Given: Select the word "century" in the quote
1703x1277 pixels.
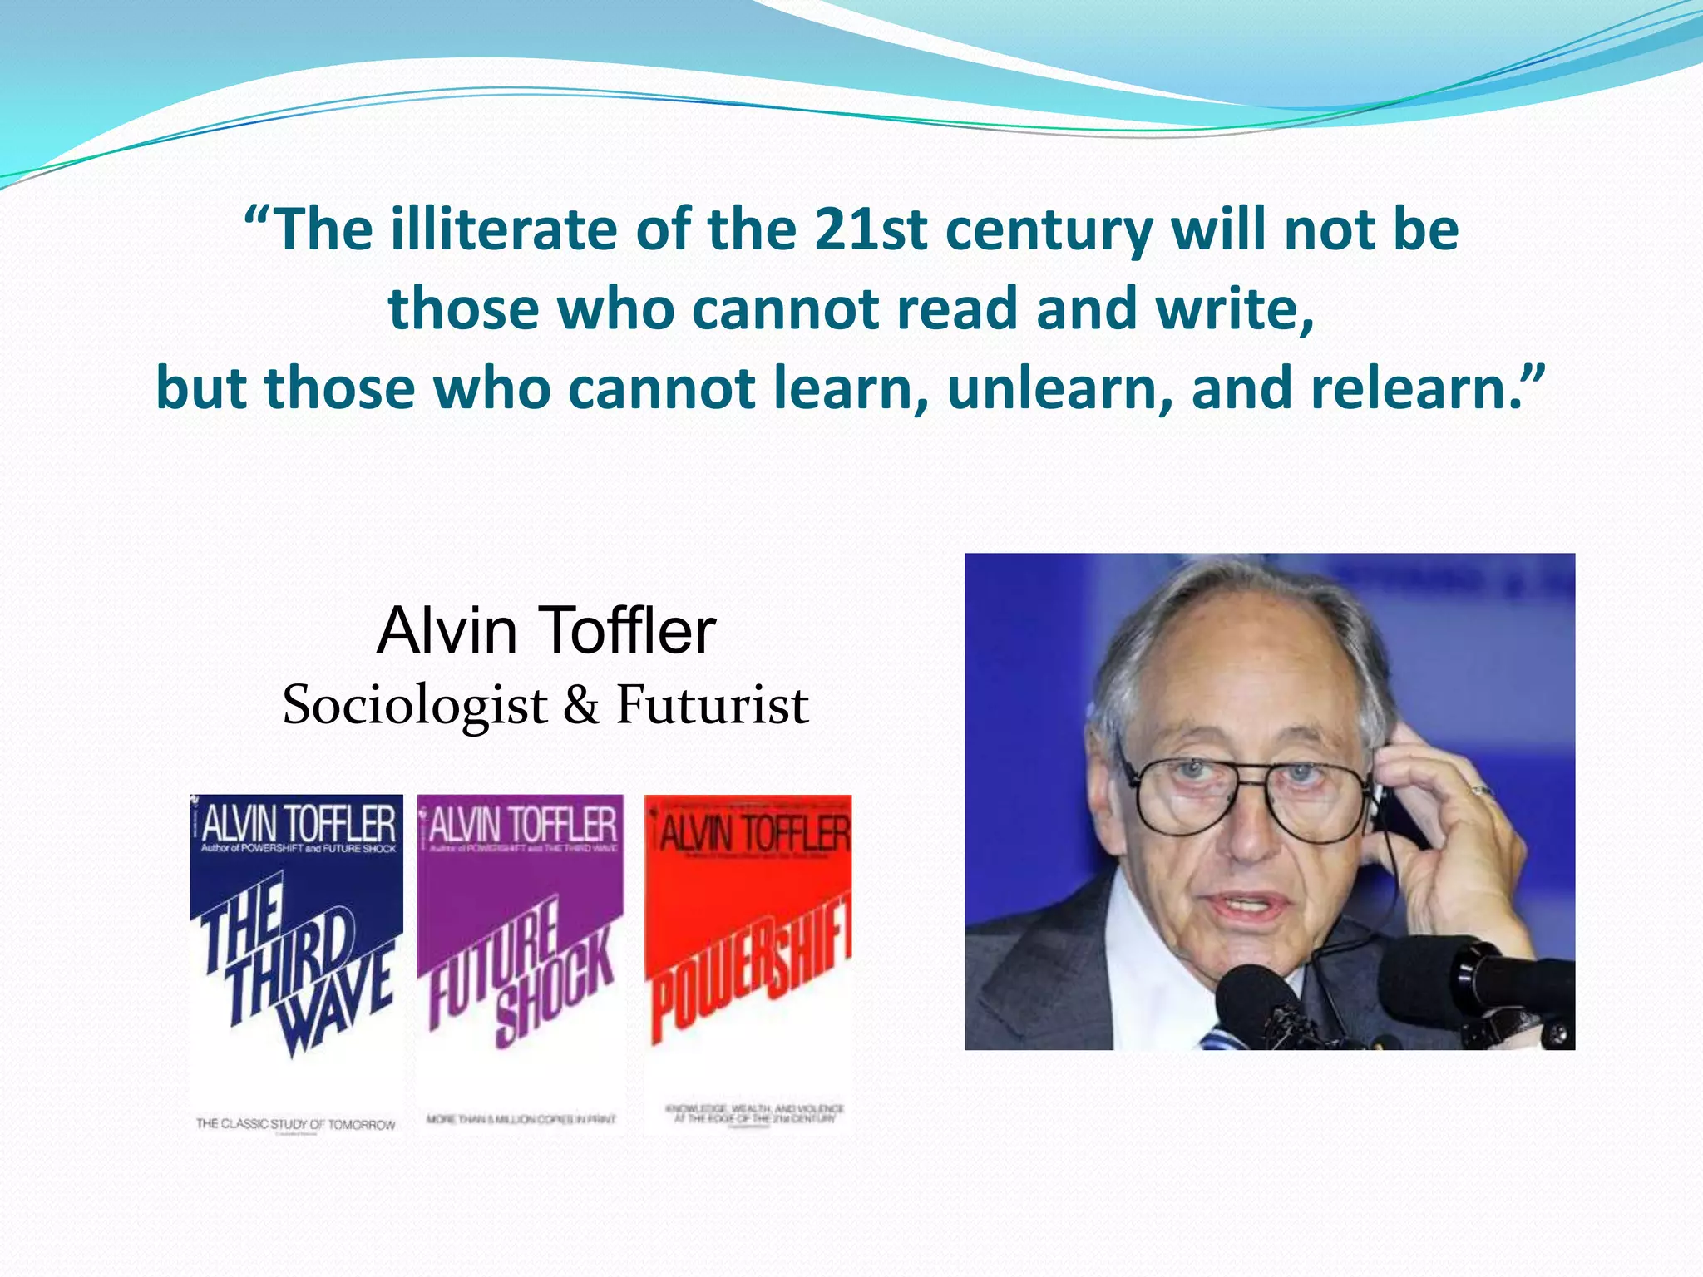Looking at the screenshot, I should [x=1049, y=231].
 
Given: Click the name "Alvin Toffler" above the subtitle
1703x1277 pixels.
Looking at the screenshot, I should [x=546, y=630].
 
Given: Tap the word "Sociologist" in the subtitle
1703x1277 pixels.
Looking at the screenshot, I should [x=415, y=705].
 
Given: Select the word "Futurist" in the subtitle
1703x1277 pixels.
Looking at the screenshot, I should [x=712, y=705].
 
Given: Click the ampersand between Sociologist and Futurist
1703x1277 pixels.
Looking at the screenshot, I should [x=581, y=705].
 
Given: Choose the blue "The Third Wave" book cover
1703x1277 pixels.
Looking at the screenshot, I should [x=297, y=964].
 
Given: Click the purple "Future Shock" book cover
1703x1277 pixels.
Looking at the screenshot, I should [x=521, y=964].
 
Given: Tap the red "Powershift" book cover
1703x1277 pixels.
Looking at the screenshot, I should [x=748, y=964].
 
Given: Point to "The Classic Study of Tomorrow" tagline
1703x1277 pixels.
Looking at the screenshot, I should [x=296, y=1124].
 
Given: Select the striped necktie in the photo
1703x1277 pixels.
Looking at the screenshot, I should [x=1218, y=1038].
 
